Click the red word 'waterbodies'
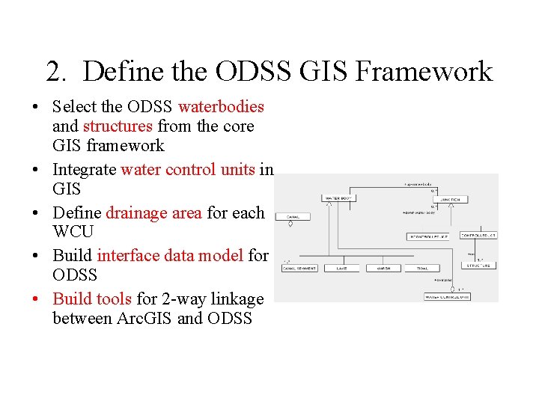pos(221,107)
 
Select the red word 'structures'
pos(118,126)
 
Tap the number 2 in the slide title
pos(55,72)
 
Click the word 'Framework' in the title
pos(424,72)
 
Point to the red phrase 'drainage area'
pos(153,213)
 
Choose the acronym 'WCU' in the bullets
pos(73,232)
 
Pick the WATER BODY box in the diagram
pos(337,198)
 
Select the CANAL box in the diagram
pos(293,216)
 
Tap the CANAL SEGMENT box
pos(299,268)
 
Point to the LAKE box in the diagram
pos(341,268)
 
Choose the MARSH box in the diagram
pos(383,268)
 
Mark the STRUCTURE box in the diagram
pos(478,266)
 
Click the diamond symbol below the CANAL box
pos(290,223)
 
